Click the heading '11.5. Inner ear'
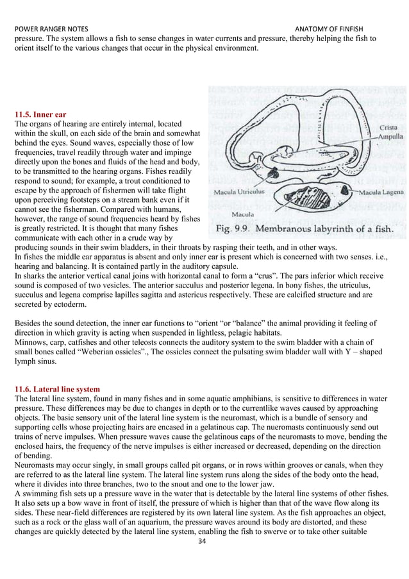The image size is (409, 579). click(x=40, y=114)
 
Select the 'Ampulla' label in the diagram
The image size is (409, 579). click(x=390, y=137)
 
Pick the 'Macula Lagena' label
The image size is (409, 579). click(x=381, y=191)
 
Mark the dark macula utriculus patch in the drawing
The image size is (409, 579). click(x=274, y=173)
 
